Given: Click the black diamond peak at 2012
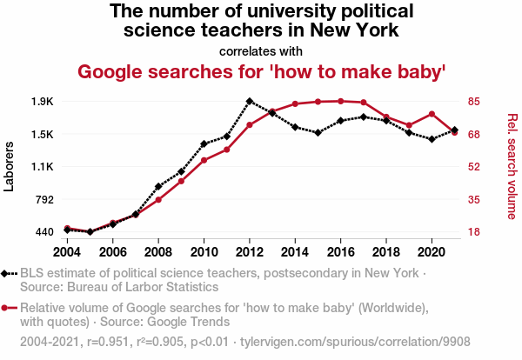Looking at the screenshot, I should pos(250,101).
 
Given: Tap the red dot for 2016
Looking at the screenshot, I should pos(340,101).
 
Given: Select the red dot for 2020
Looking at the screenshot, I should pos(432,114).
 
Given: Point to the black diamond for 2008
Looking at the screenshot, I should pos(158,186).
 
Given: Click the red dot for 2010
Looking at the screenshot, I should pos(204,160).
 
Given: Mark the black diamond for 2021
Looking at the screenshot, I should pos(454,130).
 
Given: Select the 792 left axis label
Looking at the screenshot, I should pos(44,199).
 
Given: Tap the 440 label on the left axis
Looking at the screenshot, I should pos(44,232).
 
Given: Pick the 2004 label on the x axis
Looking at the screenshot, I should pos(67,251).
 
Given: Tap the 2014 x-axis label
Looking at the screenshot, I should pos(295,251).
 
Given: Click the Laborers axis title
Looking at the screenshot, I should pos(10,166).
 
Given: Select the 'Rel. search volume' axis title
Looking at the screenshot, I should pos(512,166).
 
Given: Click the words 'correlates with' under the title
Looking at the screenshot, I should pos(261,50).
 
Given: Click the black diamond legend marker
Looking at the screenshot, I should pos(7,273).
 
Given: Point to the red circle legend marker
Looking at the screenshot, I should pos(7,307).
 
